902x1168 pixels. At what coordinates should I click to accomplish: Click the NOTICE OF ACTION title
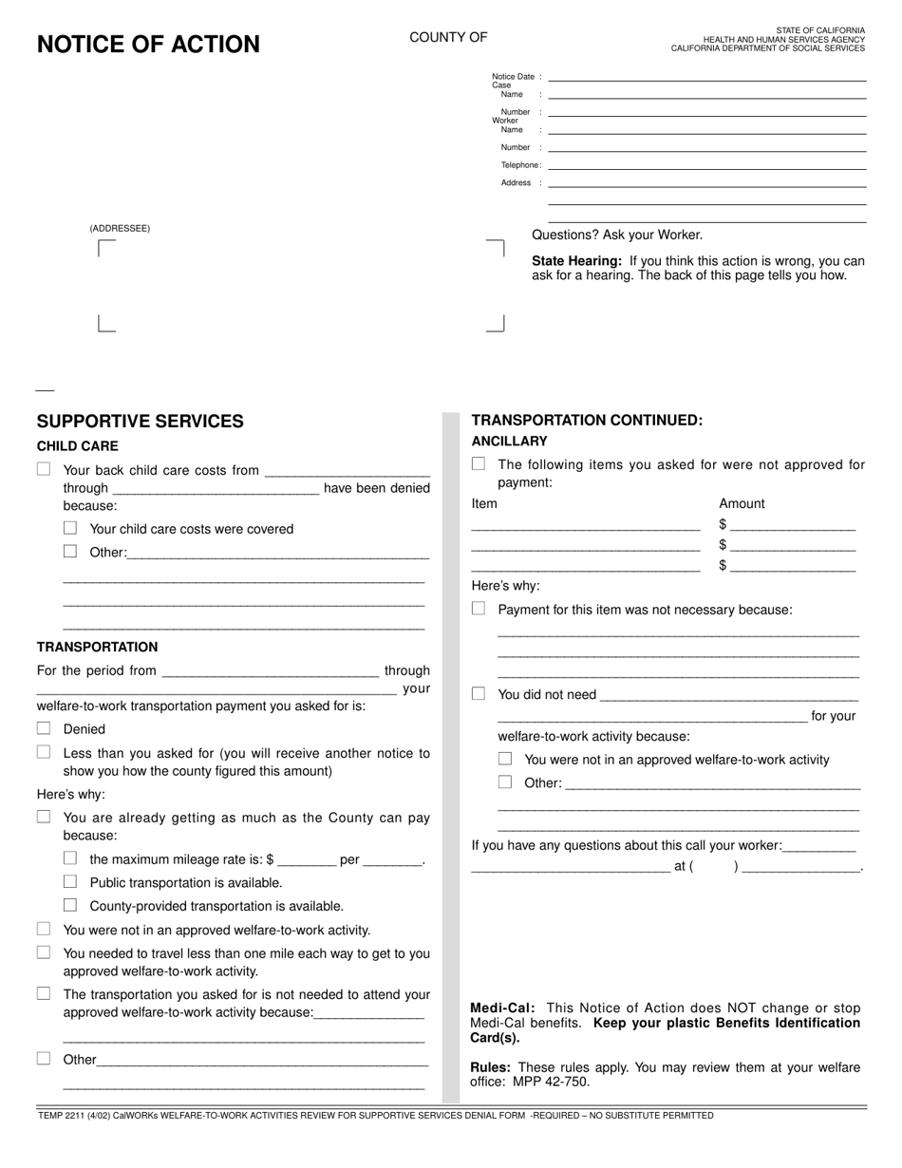tap(148, 45)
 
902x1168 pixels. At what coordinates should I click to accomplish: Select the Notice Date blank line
tap(707, 78)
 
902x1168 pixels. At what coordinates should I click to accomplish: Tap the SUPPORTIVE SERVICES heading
tap(140, 422)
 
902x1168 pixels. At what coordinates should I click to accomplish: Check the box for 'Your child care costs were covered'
tap(70, 528)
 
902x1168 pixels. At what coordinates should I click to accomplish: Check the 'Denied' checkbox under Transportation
tap(44, 728)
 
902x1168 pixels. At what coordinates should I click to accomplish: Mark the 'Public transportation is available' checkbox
tap(70, 881)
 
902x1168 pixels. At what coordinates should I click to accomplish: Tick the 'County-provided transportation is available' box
tap(70, 905)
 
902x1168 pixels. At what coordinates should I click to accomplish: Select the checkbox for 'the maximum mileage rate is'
tap(70, 858)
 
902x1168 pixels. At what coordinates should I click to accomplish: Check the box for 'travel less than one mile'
tap(44, 952)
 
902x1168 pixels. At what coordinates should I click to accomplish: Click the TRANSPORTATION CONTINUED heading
tap(587, 420)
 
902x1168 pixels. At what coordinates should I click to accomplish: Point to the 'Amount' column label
tap(742, 503)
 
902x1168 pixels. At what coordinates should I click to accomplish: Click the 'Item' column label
tap(484, 503)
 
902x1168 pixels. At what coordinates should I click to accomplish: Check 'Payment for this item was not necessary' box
tap(479, 609)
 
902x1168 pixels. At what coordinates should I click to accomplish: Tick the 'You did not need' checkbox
tap(479, 693)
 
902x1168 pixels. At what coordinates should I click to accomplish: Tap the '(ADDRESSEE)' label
tap(120, 229)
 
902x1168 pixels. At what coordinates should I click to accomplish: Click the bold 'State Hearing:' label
tap(576, 261)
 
